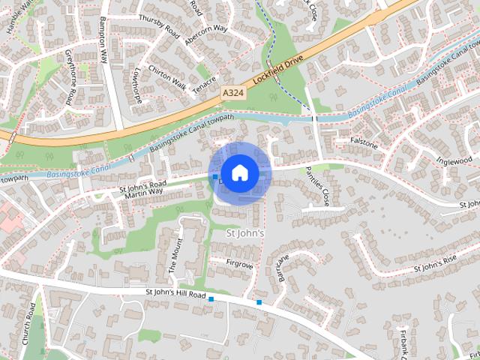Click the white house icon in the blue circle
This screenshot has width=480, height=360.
239,172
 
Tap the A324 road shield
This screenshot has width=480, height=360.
232,91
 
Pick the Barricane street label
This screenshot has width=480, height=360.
283,268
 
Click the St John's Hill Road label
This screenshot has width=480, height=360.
175,295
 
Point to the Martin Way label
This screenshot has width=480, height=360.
143,193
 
